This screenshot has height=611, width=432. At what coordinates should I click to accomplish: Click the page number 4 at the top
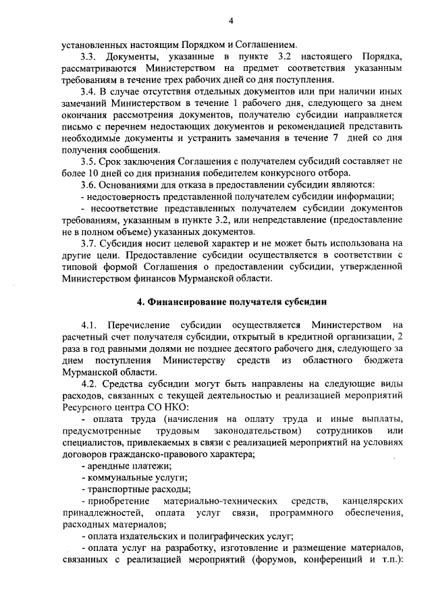pos(230,21)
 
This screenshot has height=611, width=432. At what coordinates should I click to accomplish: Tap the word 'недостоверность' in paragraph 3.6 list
pos(119,196)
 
